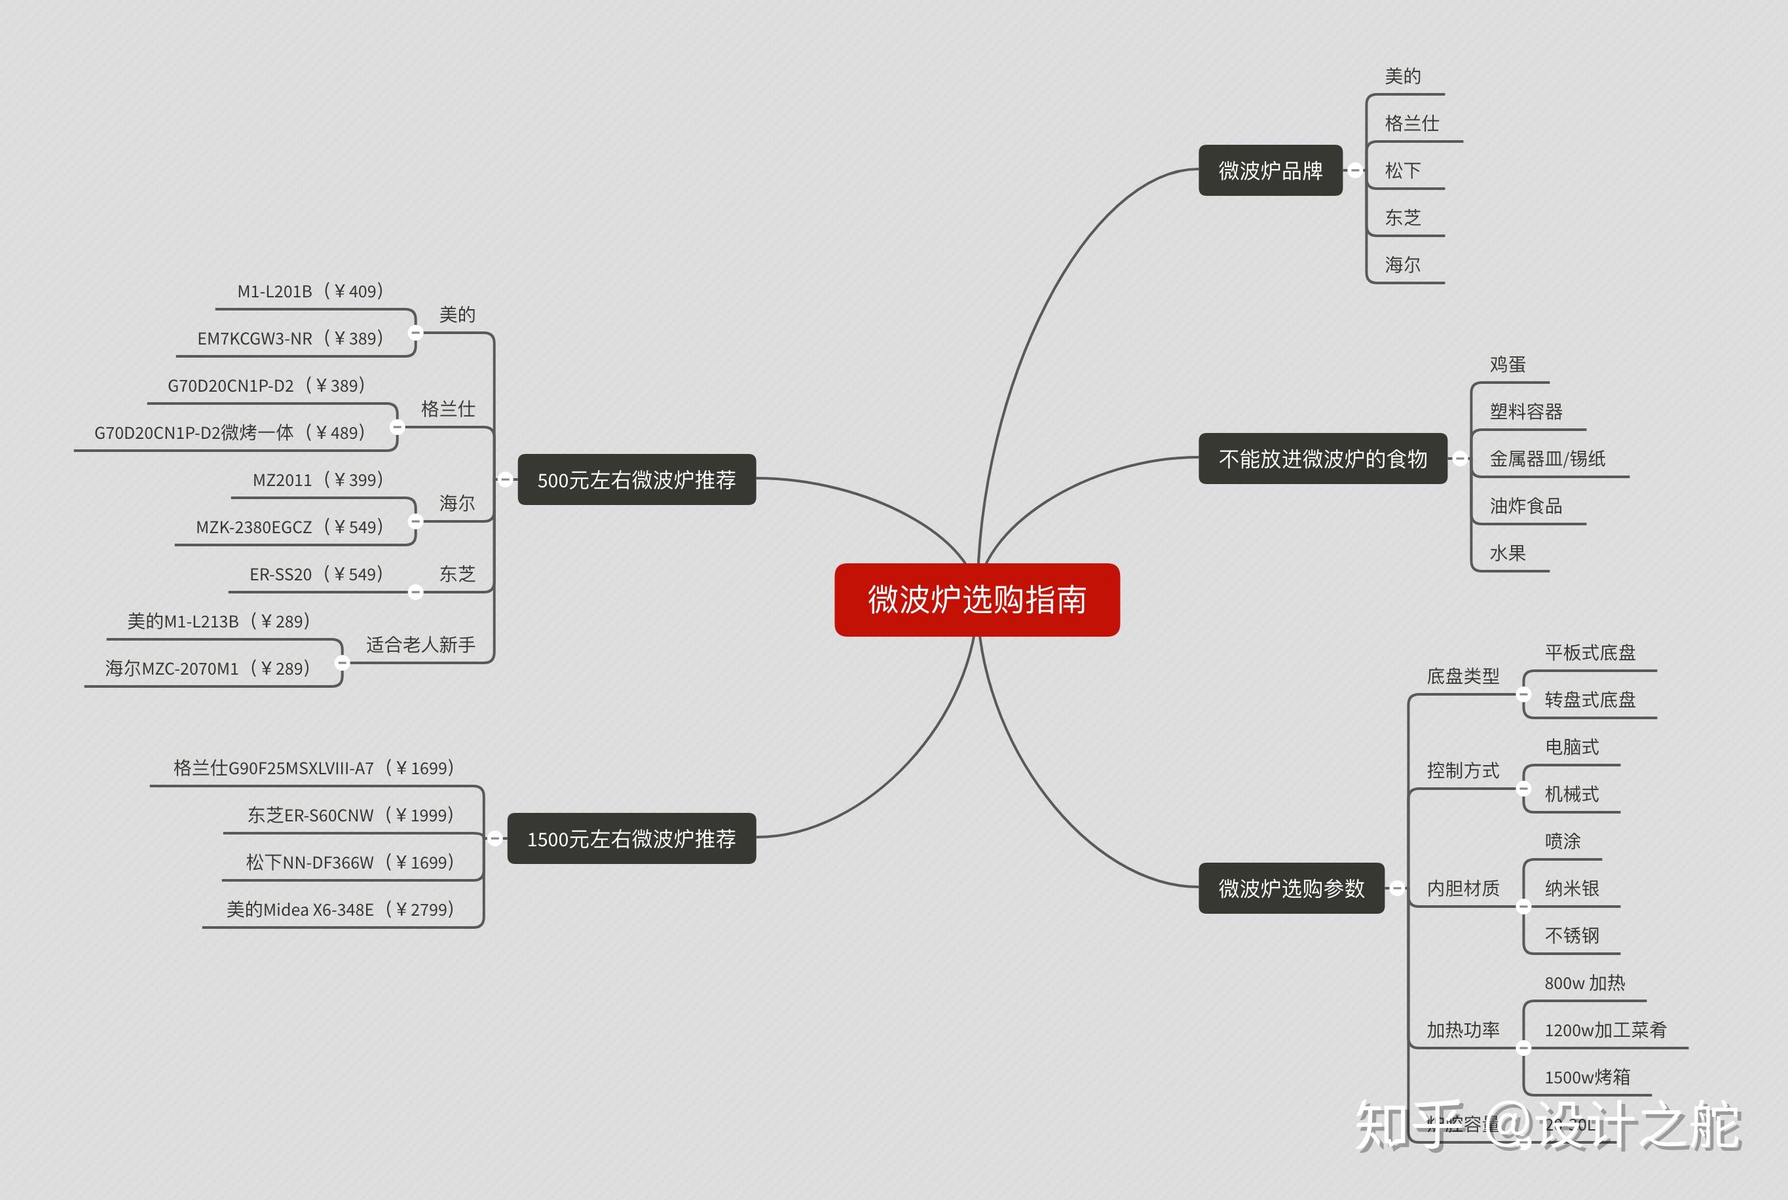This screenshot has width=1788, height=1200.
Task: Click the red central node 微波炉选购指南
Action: [977, 599]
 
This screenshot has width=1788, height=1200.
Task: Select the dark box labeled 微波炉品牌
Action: [1270, 170]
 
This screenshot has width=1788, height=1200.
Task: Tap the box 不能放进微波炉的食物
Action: [1322, 459]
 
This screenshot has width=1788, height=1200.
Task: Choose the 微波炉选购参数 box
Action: [1291, 888]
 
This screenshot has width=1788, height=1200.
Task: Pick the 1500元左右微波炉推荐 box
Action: [631, 839]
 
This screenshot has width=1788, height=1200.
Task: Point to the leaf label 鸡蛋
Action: [1507, 364]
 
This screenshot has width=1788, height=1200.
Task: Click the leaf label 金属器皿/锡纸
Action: [1547, 459]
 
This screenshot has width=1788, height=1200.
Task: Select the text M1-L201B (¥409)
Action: [310, 291]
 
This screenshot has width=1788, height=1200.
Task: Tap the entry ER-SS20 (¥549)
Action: [316, 574]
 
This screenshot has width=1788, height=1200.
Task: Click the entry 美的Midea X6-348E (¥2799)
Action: [341, 909]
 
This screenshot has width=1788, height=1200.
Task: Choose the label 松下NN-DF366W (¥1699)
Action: [350, 863]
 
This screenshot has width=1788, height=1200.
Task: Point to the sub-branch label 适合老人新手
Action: [420, 645]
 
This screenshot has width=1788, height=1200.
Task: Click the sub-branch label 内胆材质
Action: [1463, 888]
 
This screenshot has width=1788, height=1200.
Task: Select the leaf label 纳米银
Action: [1571, 888]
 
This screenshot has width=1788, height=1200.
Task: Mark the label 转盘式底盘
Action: [1590, 700]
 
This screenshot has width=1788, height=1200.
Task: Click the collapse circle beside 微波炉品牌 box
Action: [1355, 170]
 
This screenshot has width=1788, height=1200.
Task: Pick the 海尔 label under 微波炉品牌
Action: [1402, 265]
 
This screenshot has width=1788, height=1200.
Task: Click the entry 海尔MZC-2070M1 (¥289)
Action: [208, 668]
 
